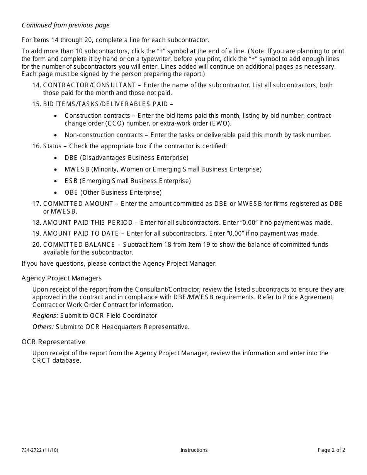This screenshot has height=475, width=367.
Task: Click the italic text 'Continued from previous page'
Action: pyautogui.click(x=65, y=25)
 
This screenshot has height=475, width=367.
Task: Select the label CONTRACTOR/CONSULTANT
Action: pyautogui.click(x=89, y=85)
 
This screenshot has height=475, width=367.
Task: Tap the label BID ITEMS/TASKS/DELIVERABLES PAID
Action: pyautogui.click(x=105, y=104)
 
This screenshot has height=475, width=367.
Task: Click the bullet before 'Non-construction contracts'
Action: pyautogui.click(x=56, y=135)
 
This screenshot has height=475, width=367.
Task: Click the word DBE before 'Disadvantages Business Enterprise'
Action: pyautogui.click(x=71, y=158)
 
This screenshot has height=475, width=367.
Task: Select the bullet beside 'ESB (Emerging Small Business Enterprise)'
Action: pyautogui.click(x=56, y=181)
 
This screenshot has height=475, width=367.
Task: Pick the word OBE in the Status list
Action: pyautogui.click(x=71, y=193)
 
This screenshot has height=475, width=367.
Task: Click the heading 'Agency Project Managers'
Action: pyautogui.click(x=61, y=278)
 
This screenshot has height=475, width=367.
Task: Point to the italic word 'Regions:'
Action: pyautogui.click(x=45, y=316)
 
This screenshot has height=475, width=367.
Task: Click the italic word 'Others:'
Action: pyautogui.click(x=43, y=327)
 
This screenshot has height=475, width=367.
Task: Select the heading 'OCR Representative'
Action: pyautogui.click(x=53, y=342)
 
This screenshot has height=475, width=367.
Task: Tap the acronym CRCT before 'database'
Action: pyautogui.click(x=41, y=361)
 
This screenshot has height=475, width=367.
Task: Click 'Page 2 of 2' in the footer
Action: pyautogui.click(x=331, y=450)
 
